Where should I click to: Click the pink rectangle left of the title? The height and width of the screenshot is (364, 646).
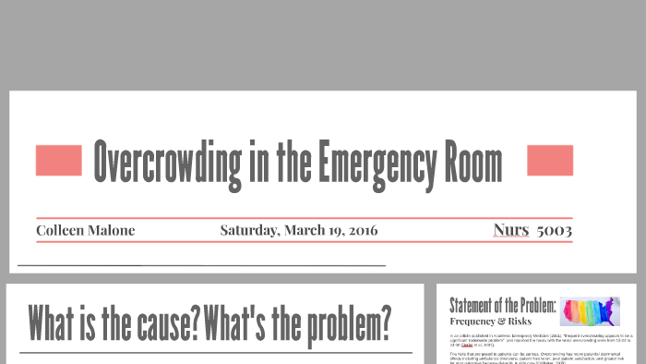(59, 161)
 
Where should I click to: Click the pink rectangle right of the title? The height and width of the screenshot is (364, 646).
(550, 161)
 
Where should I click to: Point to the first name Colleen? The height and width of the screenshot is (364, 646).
(61, 230)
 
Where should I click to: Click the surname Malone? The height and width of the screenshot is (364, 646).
(112, 230)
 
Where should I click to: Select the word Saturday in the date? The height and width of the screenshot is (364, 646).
(249, 230)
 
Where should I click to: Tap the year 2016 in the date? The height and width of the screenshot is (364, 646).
(360, 230)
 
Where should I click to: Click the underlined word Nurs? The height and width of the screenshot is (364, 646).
(511, 229)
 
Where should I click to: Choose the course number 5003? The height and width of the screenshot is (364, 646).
(554, 229)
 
